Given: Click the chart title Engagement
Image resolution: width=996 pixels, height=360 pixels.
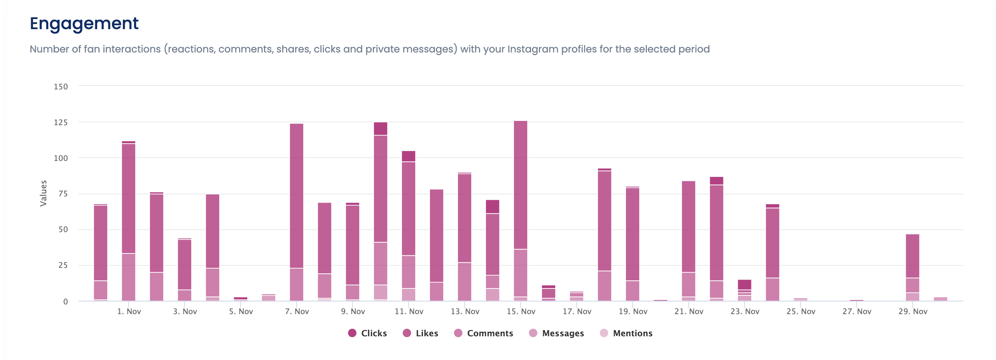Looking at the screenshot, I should pos(84,23).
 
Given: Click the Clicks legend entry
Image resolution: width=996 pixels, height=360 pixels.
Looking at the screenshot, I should pos(367,333).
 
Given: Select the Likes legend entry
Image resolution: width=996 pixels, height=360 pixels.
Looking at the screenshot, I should pos(421,333).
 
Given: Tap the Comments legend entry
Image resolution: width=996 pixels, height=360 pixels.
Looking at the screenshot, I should pos(484,333).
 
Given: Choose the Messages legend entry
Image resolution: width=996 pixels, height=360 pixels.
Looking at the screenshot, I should pos(557,333).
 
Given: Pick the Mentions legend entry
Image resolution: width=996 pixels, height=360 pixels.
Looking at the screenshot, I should pos(626,333).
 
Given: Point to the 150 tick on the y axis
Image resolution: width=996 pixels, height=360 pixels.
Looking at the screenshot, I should pos(61,87).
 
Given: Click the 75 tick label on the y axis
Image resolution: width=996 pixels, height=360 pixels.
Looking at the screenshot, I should pos(63,194).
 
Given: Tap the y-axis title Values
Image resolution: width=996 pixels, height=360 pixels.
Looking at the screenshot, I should pos(43,193).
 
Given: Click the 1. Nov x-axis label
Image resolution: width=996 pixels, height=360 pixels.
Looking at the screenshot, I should pos(129,311).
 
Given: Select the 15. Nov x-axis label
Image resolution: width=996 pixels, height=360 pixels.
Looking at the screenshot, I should pos(521,311).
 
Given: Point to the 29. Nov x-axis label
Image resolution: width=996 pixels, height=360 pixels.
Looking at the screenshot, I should pos(913,311).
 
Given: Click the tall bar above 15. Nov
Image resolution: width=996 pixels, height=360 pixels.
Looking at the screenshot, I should pos(521,194).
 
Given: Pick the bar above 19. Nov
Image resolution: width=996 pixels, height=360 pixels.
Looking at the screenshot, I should pos(633,241).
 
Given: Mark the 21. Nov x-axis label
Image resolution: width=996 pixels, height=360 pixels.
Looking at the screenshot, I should pos(689,311).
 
